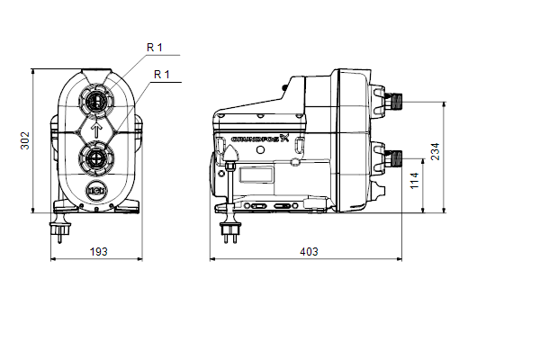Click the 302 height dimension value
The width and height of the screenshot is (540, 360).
click(25, 140)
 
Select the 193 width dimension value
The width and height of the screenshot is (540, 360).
click(98, 252)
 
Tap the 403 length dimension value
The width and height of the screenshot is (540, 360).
click(309, 252)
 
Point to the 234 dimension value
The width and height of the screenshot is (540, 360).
click(436, 151)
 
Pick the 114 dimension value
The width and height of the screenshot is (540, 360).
click(414, 181)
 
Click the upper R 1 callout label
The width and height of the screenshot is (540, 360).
click(155, 48)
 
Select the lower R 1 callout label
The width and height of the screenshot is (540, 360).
click(162, 75)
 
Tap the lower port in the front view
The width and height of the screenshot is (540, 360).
click(96, 158)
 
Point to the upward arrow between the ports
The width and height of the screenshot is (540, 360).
click(97, 130)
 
